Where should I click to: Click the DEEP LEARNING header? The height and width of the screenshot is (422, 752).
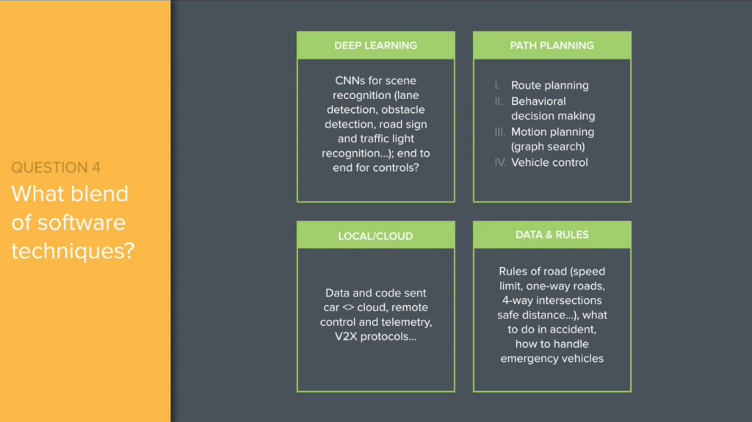375,46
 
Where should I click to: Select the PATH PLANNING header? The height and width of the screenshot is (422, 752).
552,46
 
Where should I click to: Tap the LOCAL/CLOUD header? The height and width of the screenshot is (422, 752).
375,236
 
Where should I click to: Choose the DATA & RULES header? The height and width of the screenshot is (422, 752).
552,235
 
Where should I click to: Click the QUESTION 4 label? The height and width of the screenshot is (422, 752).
56,168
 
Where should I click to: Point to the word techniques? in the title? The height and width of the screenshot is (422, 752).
73,251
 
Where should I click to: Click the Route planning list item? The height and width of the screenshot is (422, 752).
549,85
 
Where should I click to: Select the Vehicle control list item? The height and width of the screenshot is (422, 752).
549,162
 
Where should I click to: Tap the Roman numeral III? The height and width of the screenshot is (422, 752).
499,132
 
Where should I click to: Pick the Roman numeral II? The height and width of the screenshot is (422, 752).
499,101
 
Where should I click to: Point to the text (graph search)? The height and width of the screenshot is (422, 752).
548,147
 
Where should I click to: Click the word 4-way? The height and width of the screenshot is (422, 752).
518,300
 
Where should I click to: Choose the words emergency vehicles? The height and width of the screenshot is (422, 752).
552,358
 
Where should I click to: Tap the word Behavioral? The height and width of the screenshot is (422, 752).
538,101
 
